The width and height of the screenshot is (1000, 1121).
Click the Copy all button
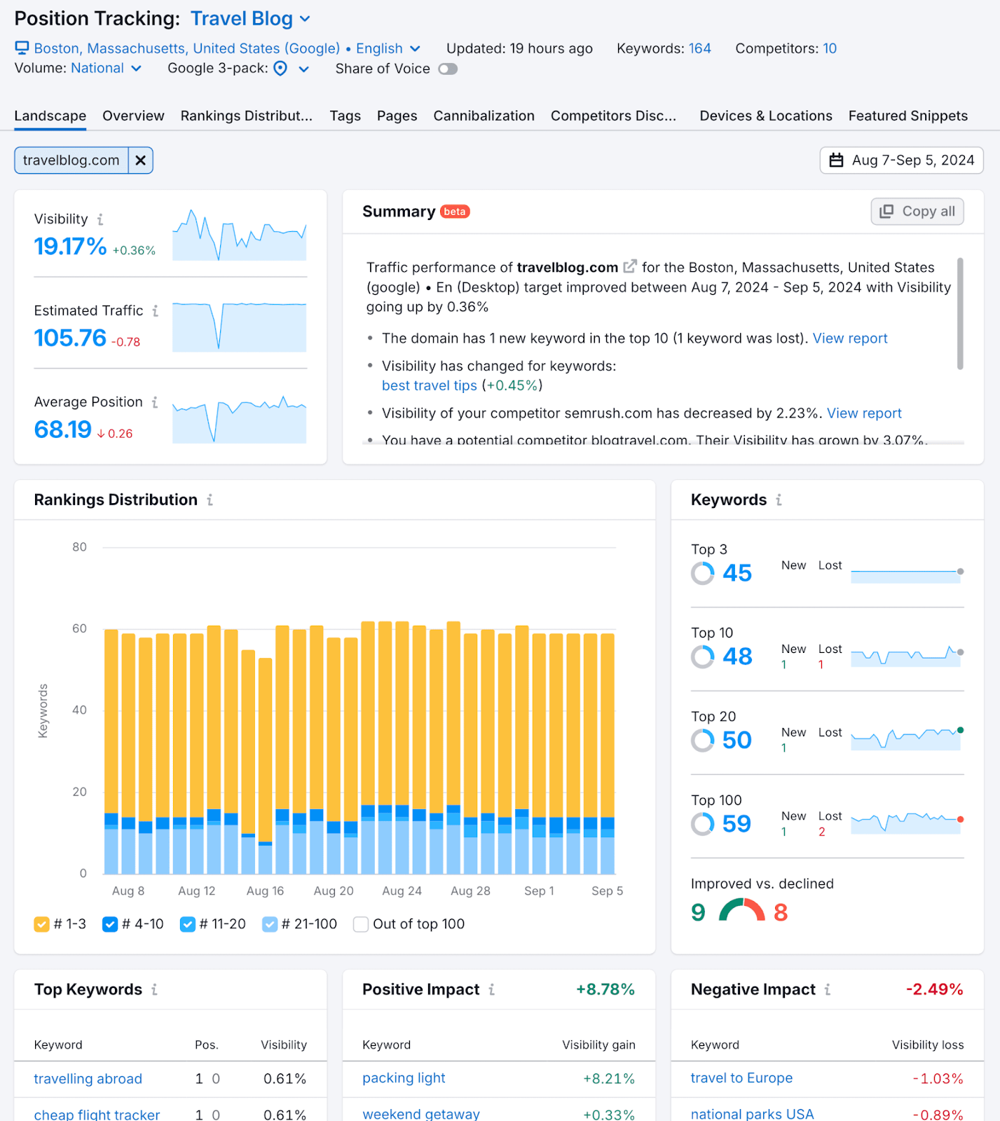[x=917, y=212]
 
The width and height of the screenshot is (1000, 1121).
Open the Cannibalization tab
[x=484, y=116]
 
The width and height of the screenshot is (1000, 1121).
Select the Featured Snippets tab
[x=907, y=116]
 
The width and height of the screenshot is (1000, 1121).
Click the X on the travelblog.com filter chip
[x=140, y=160]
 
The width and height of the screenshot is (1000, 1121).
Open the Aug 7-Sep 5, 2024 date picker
[x=901, y=160]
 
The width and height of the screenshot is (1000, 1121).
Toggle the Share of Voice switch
[x=448, y=69]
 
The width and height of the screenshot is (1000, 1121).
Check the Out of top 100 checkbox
[x=361, y=925]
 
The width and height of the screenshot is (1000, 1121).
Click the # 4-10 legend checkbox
[x=110, y=925]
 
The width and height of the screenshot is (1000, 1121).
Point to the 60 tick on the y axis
[x=79, y=628]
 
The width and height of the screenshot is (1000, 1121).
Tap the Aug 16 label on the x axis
[x=265, y=891]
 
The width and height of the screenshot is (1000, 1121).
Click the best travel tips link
[x=429, y=386]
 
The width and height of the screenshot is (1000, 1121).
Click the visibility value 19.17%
[x=70, y=247]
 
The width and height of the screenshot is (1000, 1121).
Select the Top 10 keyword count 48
[x=737, y=656]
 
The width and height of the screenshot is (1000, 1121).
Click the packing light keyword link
[x=404, y=1078]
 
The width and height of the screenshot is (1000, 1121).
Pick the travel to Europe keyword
[x=741, y=1078]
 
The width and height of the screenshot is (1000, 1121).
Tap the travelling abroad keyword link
[x=88, y=1079]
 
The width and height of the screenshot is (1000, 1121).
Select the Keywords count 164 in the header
[x=699, y=48]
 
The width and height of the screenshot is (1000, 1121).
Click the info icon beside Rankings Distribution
[x=210, y=500]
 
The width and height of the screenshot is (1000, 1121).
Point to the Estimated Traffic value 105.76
[x=70, y=338]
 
